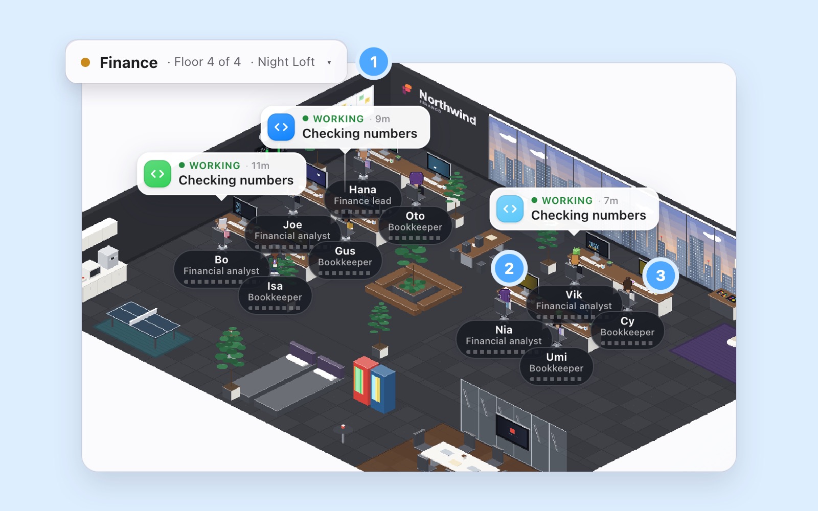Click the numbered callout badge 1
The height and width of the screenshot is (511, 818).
click(x=374, y=62)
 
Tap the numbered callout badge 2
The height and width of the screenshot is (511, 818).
click(x=509, y=269)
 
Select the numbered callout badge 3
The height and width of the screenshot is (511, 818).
click(x=661, y=275)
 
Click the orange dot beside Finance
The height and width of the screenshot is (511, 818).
click(x=85, y=62)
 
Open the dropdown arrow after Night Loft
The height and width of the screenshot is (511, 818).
click(x=329, y=62)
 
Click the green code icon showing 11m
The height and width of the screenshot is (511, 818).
click(x=157, y=174)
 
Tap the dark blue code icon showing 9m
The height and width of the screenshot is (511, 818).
click(x=281, y=127)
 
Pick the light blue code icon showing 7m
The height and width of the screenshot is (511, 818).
click(x=510, y=209)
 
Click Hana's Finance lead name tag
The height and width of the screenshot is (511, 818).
click(x=362, y=197)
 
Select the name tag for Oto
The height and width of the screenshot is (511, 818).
click(x=415, y=224)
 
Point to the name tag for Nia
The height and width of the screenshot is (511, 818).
click(x=504, y=338)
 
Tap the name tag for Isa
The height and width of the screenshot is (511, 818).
click(x=275, y=295)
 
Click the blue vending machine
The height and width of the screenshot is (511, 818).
click(x=383, y=388)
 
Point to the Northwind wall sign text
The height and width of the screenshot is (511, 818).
click(x=447, y=107)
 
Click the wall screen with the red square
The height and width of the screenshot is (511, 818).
click(x=512, y=432)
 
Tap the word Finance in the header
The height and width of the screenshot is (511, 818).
click(x=128, y=62)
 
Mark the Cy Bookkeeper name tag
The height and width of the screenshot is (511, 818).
click(x=627, y=330)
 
